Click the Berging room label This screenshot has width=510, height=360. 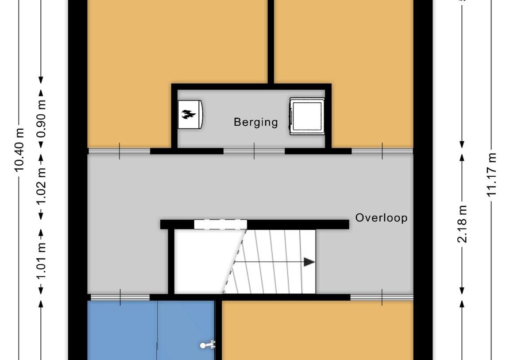click(255, 122)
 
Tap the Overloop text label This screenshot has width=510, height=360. click(381, 217)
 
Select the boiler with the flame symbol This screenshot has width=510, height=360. click(190, 114)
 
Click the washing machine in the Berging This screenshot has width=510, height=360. click(307, 116)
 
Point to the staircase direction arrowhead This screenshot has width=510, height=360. click(309, 262)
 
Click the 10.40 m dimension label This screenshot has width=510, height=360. click(19, 150)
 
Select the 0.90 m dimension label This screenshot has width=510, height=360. click(41, 118)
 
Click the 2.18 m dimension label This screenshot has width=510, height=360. click(462, 224)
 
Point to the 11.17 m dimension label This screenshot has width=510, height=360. click(492, 174)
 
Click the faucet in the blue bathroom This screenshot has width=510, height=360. click(208, 345)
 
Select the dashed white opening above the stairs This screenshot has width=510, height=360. click(220, 225)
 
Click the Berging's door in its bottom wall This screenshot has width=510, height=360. click(254, 151)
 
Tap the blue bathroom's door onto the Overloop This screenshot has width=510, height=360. click(120, 297)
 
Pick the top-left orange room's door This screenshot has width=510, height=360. click(120, 151)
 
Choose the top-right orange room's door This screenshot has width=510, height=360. click(382, 151)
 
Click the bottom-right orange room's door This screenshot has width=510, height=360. click(382, 297)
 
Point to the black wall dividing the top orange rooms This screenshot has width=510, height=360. click(270, 42)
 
